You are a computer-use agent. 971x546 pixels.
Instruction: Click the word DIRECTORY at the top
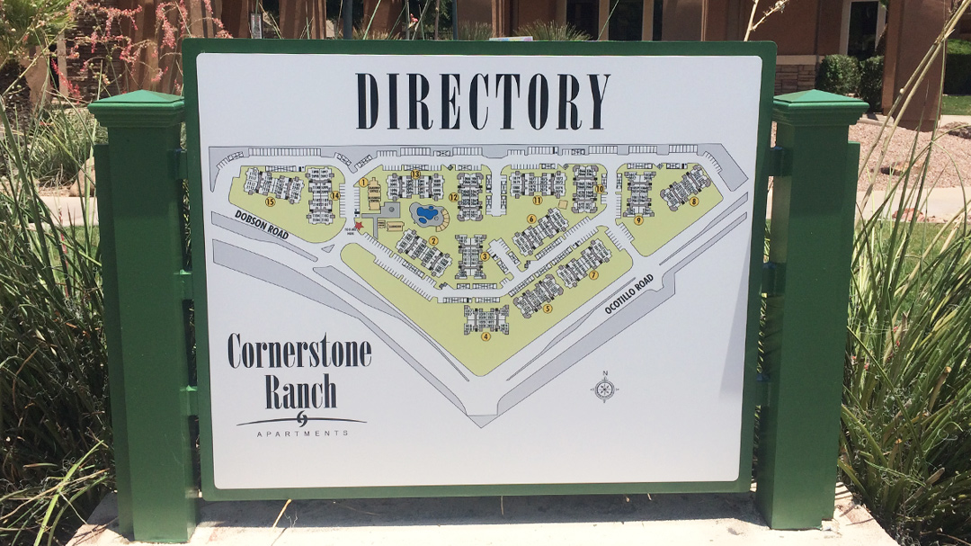point(482,101)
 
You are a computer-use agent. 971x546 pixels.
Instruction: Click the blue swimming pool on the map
point(427,215)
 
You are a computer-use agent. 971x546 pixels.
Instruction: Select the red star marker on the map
point(359,225)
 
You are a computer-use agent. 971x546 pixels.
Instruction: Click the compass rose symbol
point(604,389)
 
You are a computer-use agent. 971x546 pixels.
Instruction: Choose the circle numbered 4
point(485,336)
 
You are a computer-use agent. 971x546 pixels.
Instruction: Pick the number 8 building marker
point(693,201)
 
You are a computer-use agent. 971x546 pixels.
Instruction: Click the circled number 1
point(362,183)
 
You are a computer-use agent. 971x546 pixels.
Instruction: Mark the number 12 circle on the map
point(453,196)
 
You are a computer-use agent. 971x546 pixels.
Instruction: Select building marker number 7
point(593,274)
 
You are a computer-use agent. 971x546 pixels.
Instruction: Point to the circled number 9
point(638,219)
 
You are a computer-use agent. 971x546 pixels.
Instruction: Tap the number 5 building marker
point(547,308)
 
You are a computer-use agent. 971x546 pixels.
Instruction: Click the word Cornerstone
point(298,351)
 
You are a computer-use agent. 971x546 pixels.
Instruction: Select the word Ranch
point(300,391)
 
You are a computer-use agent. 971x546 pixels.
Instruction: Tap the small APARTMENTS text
point(302,434)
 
